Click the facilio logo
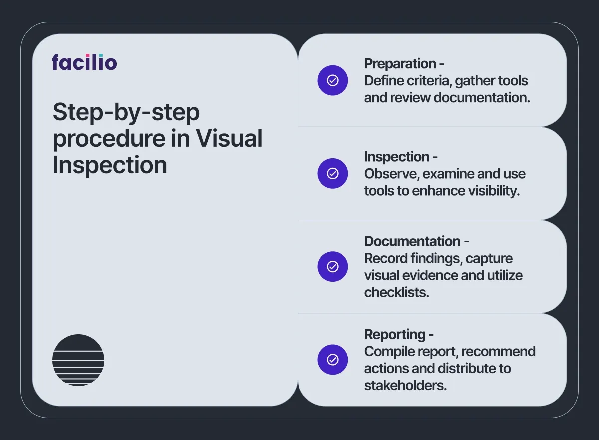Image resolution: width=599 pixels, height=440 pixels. (84, 62)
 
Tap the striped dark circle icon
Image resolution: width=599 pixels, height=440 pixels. (78, 360)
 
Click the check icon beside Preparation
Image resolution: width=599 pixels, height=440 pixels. (332, 80)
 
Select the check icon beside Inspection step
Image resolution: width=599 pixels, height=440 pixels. (332, 174)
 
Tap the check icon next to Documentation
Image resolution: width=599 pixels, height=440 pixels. (332, 266)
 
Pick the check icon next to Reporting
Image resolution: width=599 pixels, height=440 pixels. (332, 360)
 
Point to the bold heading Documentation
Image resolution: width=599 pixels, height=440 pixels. (412, 241)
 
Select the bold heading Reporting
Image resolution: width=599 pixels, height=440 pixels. (395, 335)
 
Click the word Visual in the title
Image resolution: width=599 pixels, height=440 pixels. (229, 138)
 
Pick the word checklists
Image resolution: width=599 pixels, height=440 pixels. (396, 292)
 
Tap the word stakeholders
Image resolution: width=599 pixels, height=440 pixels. (405, 386)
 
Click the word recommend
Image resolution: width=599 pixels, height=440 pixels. (499, 352)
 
